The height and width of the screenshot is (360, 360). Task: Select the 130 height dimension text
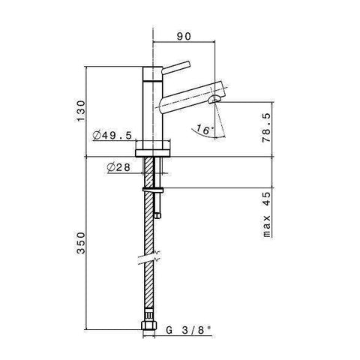[x=91, y=111]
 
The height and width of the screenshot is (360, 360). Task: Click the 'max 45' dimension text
[x=265, y=215]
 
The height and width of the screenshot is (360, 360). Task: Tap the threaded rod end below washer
[x=158, y=212]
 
